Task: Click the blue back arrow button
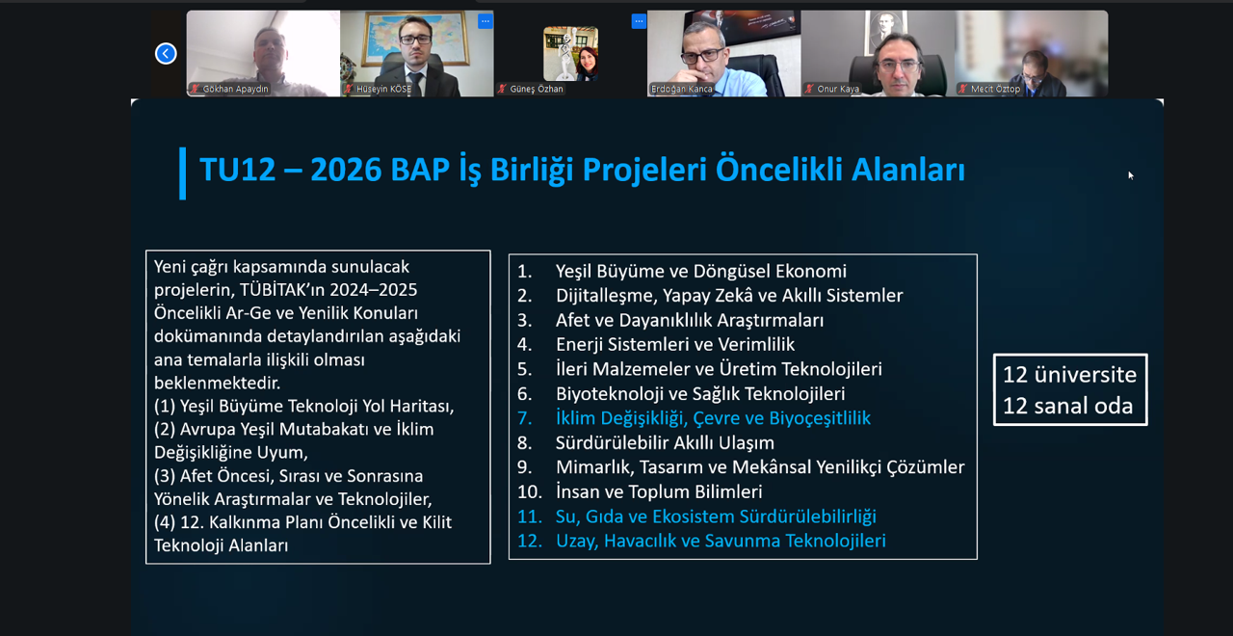166,53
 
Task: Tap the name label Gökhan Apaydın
235,89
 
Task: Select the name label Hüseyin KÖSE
383,89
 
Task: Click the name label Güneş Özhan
537,89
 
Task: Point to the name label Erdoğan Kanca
681,89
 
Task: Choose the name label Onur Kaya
838,89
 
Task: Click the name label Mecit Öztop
995,89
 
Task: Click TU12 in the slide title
237,169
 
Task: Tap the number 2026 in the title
346,169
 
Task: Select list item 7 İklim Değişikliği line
694,418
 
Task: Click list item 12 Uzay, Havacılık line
701,541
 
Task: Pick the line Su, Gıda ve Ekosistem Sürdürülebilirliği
716,517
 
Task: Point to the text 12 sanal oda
1067,406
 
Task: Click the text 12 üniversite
1069,375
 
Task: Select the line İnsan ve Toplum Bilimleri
659,491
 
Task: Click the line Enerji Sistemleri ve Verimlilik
675,344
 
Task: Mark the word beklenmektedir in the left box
217,383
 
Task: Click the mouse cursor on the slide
1130,175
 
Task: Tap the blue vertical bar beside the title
183,172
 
